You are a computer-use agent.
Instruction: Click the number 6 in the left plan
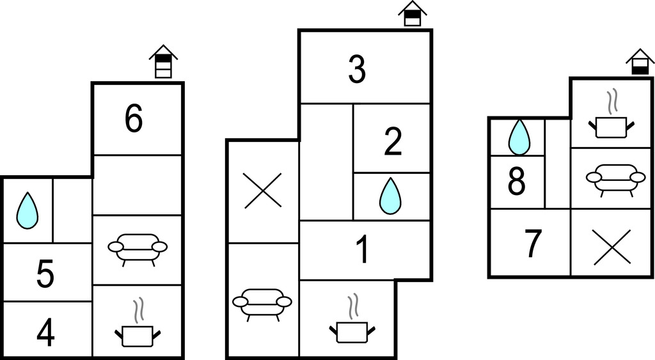[133, 119]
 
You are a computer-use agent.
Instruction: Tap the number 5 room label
[45, 274]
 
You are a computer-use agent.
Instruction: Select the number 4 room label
[45, 331]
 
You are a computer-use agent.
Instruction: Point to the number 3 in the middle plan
[357, 70]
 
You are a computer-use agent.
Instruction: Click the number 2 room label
[392, 143]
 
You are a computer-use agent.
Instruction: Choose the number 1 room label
[362, 250]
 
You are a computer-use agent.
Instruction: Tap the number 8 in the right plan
[516, 182]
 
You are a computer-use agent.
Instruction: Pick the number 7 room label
[532, 244]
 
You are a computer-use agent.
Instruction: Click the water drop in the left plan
[27, 210]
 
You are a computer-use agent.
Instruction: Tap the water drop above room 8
[519, 137]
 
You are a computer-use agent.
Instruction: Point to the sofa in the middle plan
[262, 303]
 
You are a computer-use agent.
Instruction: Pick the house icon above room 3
[413, 13]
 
